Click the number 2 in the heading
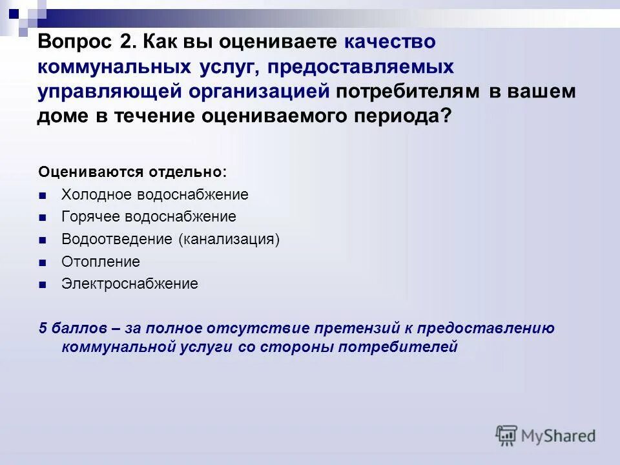pos(125,43)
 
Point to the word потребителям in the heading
pos(408,92)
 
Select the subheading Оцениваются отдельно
pos(132,172)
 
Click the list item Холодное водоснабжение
pos(154,195)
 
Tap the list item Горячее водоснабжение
pos(149,217)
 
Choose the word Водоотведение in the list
pos(118,240)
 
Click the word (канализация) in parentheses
pos(229,240)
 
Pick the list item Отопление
pos(100,262)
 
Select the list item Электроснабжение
pos(129,284)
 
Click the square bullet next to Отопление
pos(43,263)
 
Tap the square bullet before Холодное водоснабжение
pos(43,196)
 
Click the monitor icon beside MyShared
pos(506,435)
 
